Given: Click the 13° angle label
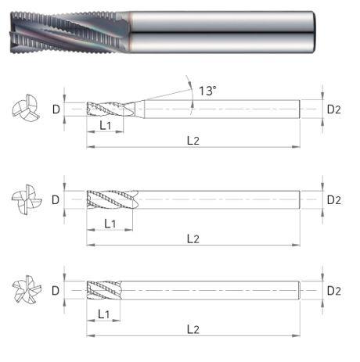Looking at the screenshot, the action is [207, 91].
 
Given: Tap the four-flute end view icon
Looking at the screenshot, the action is [27, 199].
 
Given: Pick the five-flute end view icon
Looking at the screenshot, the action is [27, 289].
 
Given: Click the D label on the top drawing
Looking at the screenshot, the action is [56, 109].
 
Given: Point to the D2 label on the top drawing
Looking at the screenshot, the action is [334, 109].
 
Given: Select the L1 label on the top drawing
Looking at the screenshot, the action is [106, 126].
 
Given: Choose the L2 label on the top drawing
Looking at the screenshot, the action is [193, 141].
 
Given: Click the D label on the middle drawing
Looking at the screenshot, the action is [56, 200].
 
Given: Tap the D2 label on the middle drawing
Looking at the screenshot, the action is [334, 200].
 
